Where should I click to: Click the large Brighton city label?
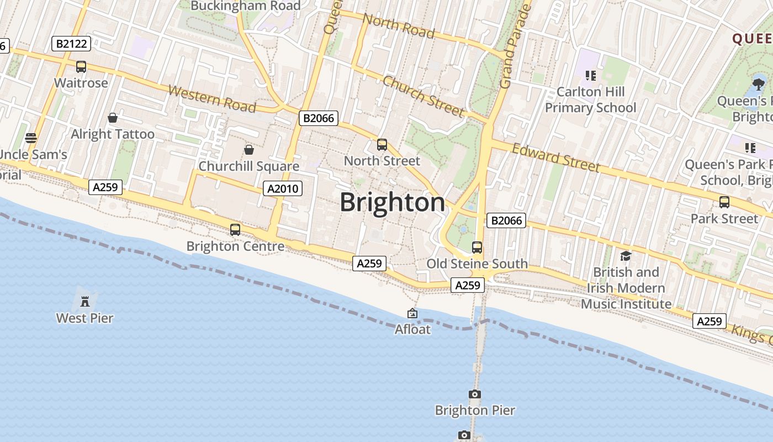click(x=392, y=202)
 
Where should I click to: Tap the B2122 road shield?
click(x=71, y=44)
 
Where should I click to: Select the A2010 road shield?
click(x=282, y=188)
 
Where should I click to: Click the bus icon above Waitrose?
click(x=81, y=67)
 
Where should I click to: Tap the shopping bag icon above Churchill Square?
click(x=248, y=150)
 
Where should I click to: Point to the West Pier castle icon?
click(x=85, y=302)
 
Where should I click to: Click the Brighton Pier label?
click(x=475, y=410)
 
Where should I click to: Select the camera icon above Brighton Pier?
click(x=474, y=394)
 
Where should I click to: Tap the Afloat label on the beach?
click(x=412, y=329)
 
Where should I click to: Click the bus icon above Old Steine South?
click(x=477, y=247)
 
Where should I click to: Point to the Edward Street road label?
click(x=555, y=157)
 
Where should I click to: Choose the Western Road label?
click(x=212, y=99)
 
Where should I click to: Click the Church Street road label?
click(x=423, y=97)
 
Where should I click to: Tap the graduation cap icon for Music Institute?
click(x=626, y=256)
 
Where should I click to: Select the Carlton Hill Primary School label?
click(x=591, y=99)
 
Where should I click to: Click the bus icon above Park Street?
click(x=724, y=202)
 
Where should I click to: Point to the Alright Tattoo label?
click(x=113, y=134)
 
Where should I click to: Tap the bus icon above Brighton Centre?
click(x=235, y=229)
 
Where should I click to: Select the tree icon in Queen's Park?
click(x=759, y=84)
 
